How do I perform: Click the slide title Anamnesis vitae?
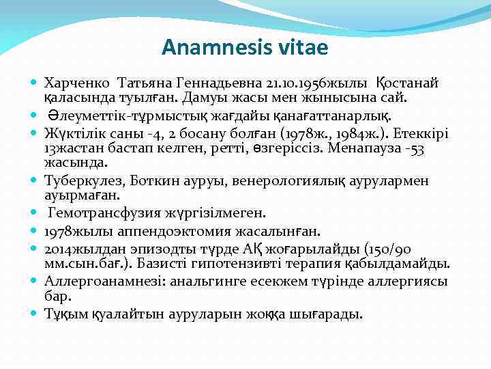(245, 47)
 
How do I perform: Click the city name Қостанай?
(407, 83)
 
